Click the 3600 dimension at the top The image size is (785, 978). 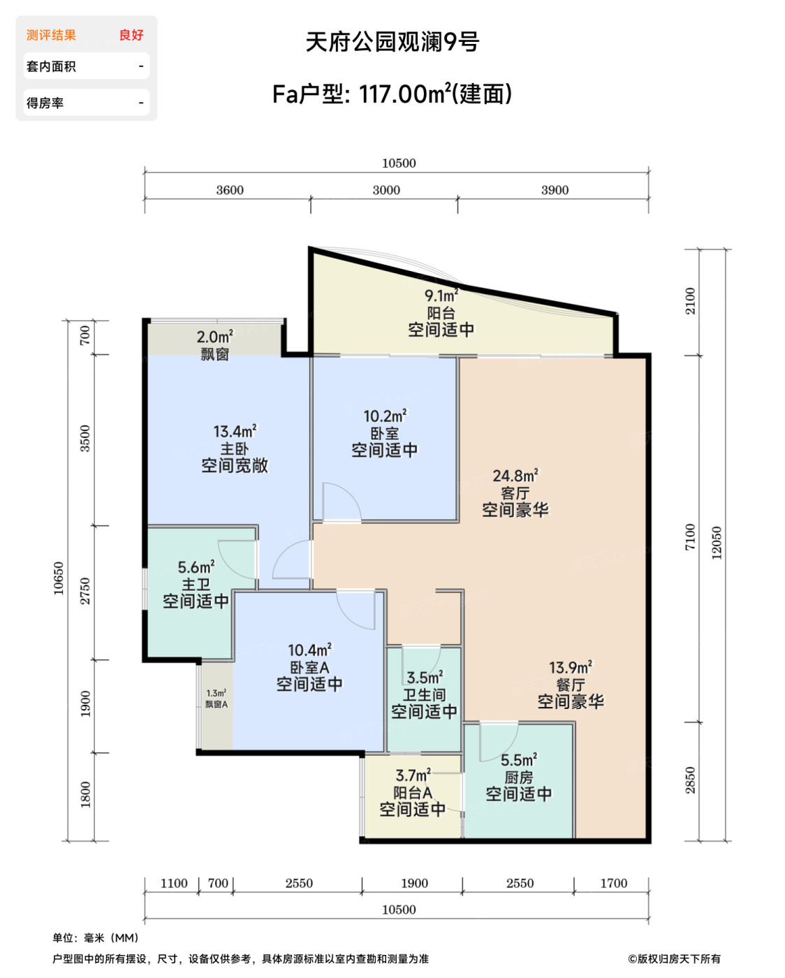point(229,190)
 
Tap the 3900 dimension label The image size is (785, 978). point(555,190)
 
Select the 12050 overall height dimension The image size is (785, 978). point(717,543)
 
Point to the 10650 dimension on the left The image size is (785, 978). point(59,578)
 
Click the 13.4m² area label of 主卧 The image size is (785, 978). point(235,431)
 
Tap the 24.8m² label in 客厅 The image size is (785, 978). point(515,475)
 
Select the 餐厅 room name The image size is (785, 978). point(571,685)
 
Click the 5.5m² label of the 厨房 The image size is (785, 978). point(519,759)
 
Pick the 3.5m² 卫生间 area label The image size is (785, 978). point(425,677)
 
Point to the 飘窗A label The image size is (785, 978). point(217,704)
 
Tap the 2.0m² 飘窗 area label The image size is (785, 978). point(214,337)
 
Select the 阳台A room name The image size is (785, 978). point(413,793)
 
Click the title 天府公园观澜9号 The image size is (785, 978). point(392,42)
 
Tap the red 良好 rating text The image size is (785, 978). point(131,35)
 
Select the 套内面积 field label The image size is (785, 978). point(51,66)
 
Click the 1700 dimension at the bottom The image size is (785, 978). point(613,883)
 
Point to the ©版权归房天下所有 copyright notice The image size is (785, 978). point(674,959)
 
